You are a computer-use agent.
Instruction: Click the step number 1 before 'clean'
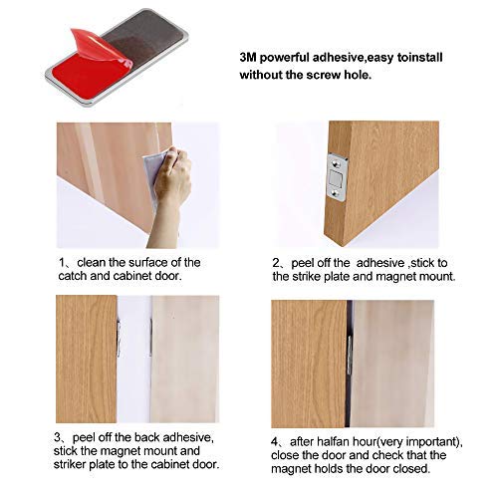[x=61, y=263]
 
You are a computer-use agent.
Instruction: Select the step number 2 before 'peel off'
[x=277, y=263]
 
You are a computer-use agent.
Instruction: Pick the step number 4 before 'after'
[x=277, y=436]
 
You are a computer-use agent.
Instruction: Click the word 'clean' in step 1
[x=94, y=263]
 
